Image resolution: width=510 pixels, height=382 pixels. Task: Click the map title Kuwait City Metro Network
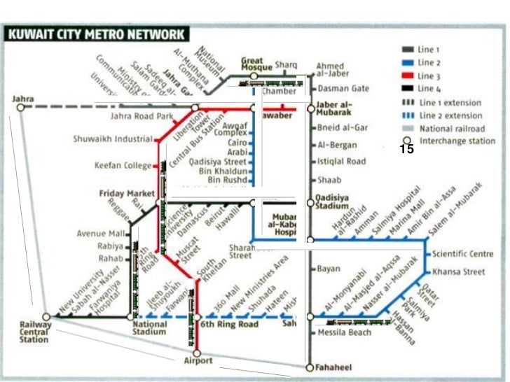click(96, 34)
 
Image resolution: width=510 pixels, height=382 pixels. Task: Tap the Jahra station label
click(22, 99)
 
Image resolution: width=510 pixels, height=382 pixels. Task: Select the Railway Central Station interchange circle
click(46, 317)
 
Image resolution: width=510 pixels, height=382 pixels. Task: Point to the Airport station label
click(198, 361)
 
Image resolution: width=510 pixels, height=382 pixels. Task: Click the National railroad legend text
click(452, 129)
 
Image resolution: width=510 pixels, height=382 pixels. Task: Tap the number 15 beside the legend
click(407, 149)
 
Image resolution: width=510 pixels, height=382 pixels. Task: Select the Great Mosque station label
click(256, 63)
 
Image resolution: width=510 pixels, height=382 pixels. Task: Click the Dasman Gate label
click(343, 89)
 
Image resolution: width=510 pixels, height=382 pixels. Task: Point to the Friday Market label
click(117, 193)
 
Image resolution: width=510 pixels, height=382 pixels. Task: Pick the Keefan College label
click(123, 166)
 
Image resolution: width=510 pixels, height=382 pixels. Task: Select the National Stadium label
click(149, 328)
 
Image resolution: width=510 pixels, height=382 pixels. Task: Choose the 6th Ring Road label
click(230, 325)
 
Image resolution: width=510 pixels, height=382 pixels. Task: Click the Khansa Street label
click(458, 271)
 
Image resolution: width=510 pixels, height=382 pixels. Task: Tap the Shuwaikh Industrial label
click(112, 139)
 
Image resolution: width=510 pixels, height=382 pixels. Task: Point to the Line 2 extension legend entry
click(450, 115)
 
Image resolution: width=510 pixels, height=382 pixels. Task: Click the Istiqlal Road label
click(342, 162)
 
